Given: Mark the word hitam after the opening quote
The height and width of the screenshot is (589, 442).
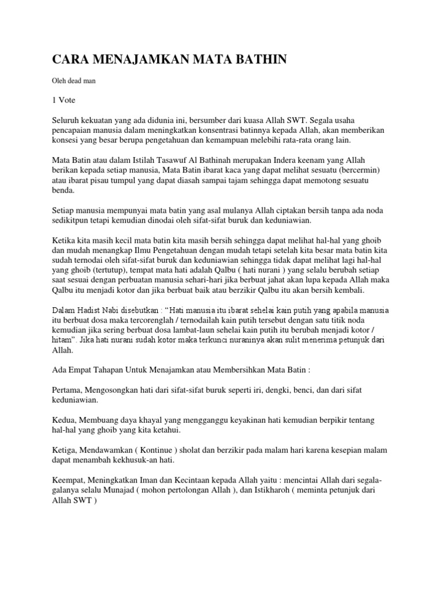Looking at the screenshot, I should click(62, 341).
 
